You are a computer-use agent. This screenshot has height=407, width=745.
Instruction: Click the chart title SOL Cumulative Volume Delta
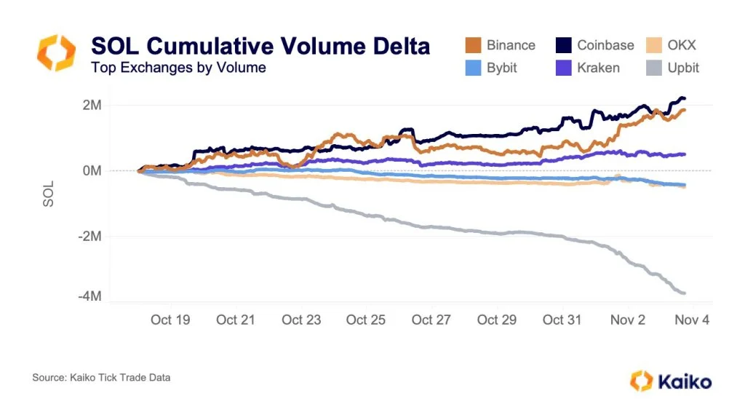pos(260,46)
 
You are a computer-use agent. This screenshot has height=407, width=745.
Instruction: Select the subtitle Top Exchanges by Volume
pos(178,68)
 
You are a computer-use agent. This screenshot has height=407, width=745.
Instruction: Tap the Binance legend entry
pos(501,45)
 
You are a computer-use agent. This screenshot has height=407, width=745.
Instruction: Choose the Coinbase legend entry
pos(594,45)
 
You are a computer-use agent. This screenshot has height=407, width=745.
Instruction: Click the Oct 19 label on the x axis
pos(171,320)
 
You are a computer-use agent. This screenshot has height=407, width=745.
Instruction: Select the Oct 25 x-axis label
pos(366,320)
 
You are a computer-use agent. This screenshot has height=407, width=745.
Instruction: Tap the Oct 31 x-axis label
pos(562,320)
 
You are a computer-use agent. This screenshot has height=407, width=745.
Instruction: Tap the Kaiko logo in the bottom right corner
pos(671,380)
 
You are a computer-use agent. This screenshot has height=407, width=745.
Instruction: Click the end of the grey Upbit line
pos(684,293)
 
